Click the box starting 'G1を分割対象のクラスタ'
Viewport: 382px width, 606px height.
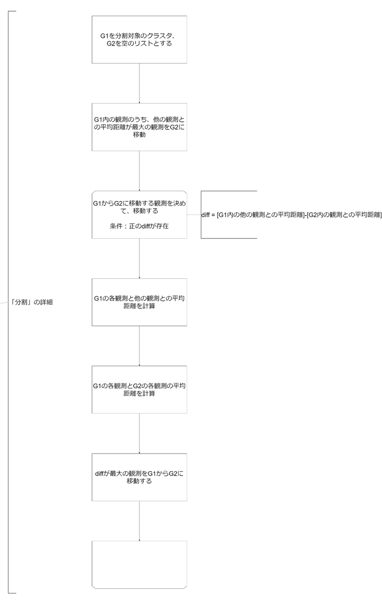(x=139, y=39)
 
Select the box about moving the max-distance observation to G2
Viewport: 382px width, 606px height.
(x=139, y=127)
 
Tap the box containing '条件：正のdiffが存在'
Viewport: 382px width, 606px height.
(x=139, y=214)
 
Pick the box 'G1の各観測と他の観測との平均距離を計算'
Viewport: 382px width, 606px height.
(x=139, y=302)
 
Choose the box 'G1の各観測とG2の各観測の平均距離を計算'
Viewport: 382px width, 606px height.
(x=139, y=389)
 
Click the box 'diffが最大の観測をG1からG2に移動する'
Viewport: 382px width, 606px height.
(x=139, y=477)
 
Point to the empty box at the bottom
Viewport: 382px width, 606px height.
(x=139, y=564)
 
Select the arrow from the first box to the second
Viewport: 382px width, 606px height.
(x=139, y=83)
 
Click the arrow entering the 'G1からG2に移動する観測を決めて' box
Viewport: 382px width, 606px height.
(x=139, y=171)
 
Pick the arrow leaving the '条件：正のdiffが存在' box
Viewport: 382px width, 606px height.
(x=139, y=258)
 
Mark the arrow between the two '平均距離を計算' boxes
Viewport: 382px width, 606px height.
(x=139, y=345)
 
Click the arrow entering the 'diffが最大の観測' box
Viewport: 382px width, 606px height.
(x=139, y=433)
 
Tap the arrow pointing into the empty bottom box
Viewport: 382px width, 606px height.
(x=139, y=521)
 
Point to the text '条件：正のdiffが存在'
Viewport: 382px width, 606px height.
(x=139, y=227)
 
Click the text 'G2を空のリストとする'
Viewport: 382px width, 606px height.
(x=139, y=44)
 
